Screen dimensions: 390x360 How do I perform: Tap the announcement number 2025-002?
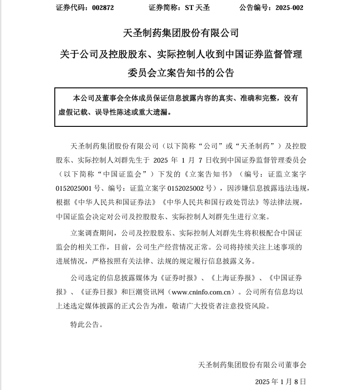287,8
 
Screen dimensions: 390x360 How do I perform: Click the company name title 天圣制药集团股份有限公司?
181,33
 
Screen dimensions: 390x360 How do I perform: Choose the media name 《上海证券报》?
237,278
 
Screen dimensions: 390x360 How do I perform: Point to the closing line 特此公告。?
87,324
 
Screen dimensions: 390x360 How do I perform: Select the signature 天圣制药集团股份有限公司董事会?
252,364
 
